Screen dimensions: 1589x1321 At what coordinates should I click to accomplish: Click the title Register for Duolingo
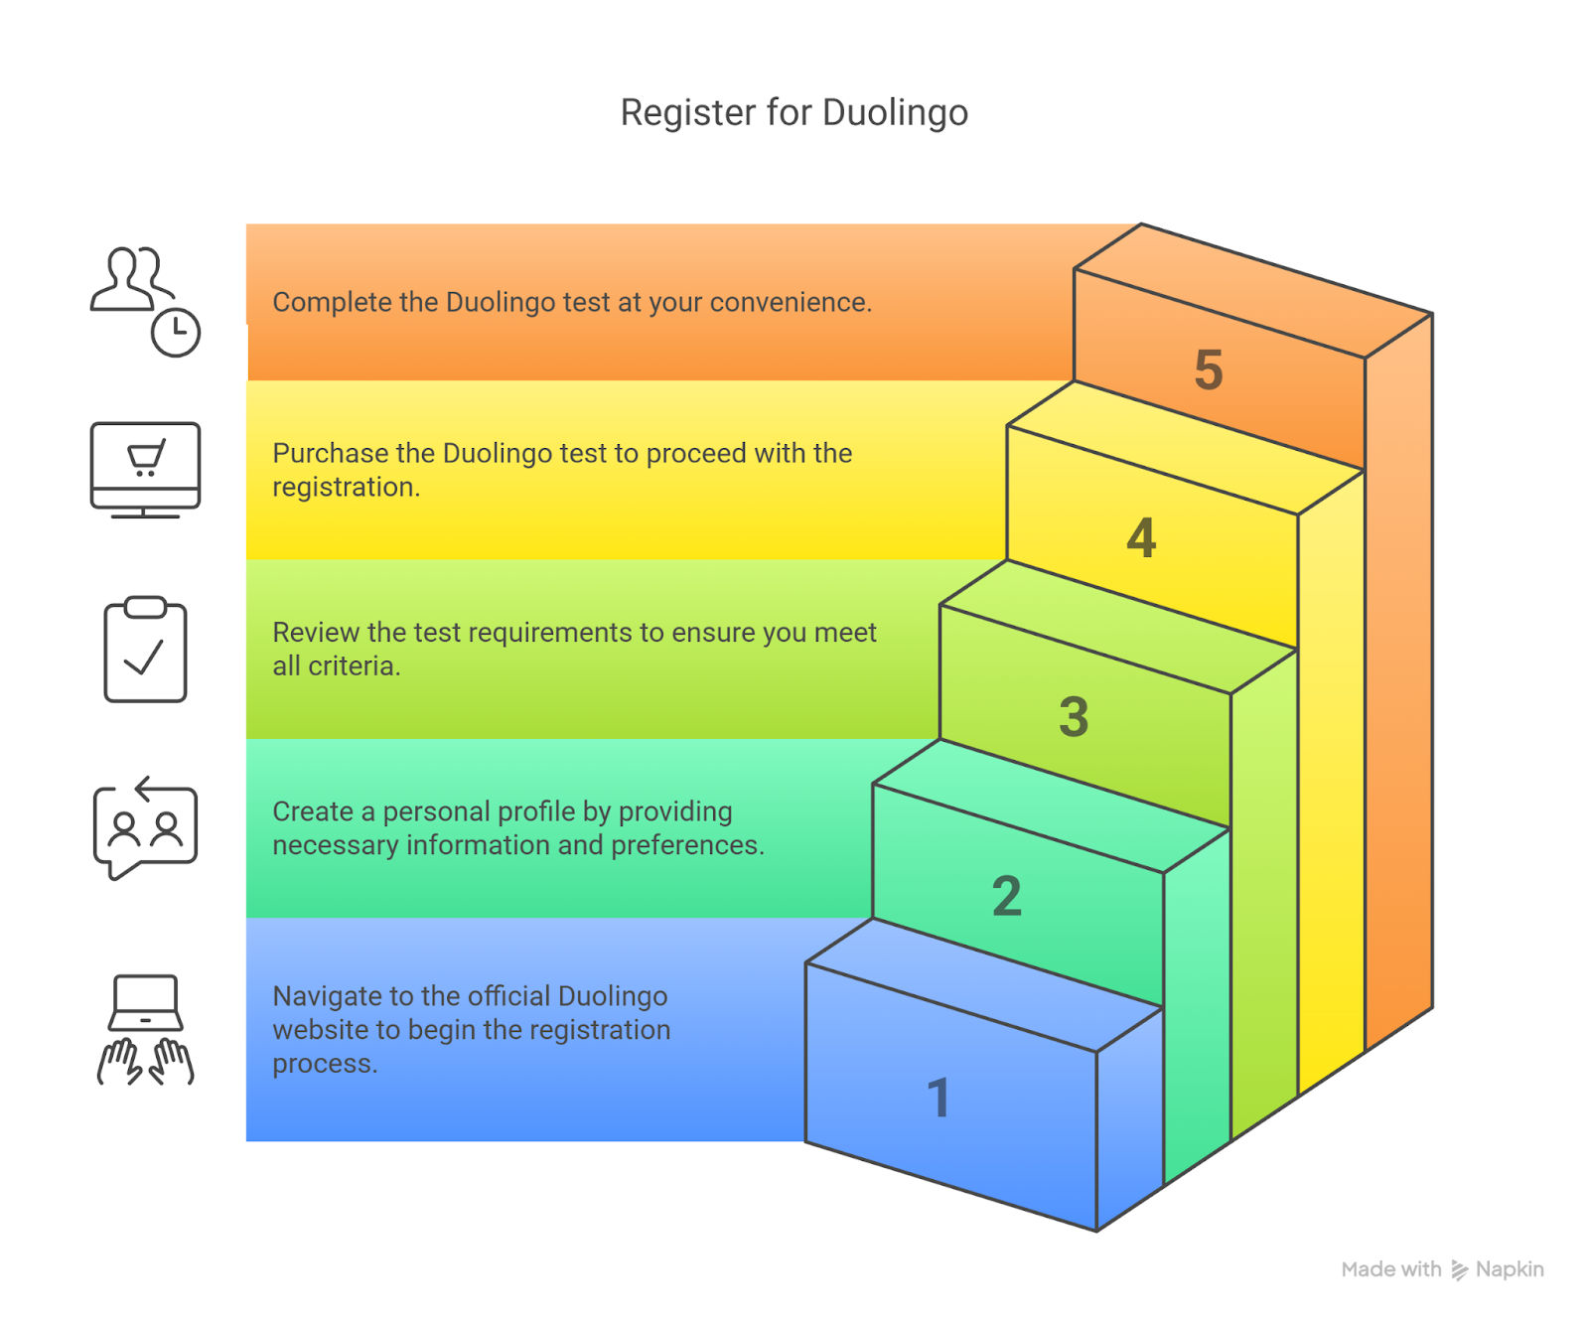(x=794, y=113)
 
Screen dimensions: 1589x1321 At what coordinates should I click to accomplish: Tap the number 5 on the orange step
(x=1209, y=369)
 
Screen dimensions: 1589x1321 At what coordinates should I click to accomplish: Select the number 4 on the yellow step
(x=1141, y=538)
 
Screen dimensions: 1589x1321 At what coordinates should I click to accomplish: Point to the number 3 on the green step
(x=1074, y=716)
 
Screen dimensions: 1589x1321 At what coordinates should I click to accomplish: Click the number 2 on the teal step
(x=1007, y=896)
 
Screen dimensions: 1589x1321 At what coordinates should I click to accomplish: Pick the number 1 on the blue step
(x=939, y=1099)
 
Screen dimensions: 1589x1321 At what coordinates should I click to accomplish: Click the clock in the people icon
(x=176, y=332)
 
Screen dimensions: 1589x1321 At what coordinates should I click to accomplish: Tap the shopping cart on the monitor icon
(x=146, y=459)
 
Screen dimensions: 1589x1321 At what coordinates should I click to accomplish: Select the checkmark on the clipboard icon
(x=144, y=658)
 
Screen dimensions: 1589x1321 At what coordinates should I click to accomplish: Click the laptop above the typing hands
(x=145, y=1002)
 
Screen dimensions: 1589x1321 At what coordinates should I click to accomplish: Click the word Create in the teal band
(x=313, y=811)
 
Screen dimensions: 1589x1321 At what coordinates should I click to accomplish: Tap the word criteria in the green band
(x=355, y=666)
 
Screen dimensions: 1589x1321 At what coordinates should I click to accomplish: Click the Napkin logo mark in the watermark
(x=1459, y=1270)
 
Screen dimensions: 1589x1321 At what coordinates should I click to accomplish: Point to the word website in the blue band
(x=319, y=1030)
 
